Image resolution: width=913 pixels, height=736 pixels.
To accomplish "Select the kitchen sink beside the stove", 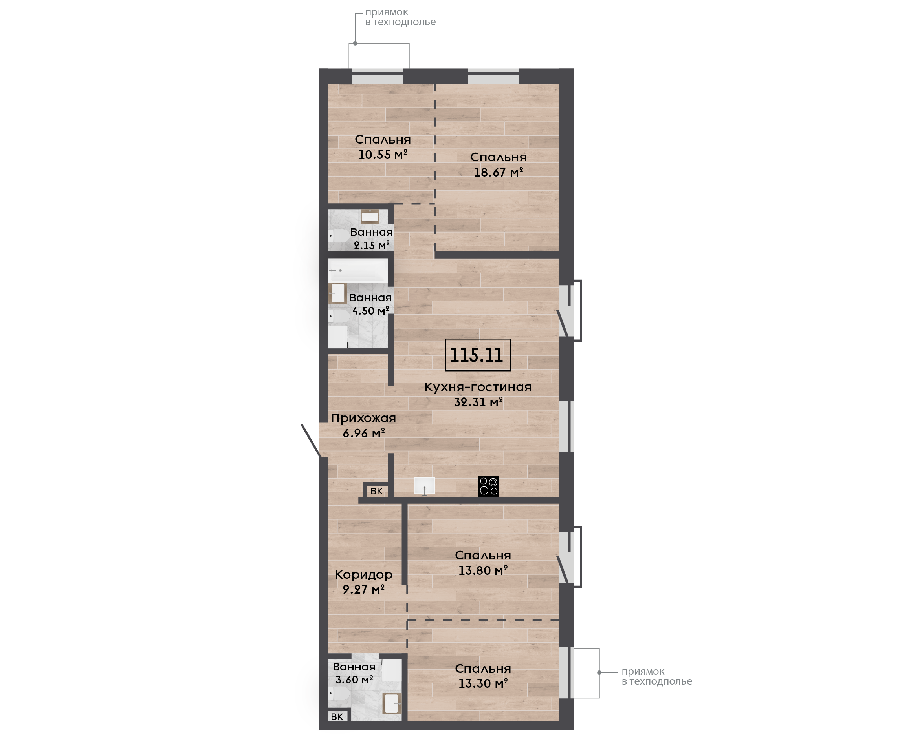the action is pyautogui.click(x=424, y=486).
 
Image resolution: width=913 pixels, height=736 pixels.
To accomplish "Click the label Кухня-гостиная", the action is pyautogui.click(x=478, y=387).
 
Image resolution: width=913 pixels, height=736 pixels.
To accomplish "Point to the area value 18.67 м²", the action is pyautogui.click(x=498, y=172).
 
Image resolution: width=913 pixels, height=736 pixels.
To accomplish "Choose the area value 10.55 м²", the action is pyautogui.click(x=382, y=154).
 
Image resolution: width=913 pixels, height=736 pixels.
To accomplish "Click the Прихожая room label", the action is pyautogui.click(x=363, y=419).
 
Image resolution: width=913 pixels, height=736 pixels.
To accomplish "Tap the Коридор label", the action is pyautogui.click(x=363, y=574).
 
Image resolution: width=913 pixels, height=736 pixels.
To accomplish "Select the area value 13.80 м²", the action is pyautogui.click(x=483, y=570).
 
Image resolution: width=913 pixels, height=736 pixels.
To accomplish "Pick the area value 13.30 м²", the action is pyautogui.click(x=483, y=683).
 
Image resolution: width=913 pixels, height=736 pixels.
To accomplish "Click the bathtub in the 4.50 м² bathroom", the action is pyautogui.click(x=358, y=270).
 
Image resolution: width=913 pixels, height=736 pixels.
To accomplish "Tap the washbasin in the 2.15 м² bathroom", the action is pyautogui.click(x=370, y=216).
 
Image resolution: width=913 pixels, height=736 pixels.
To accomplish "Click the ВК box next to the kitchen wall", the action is pyautogui.click(x=376, y=491).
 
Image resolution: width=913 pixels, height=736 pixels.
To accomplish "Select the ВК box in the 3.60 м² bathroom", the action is pyautogui.click(x=337, y=716).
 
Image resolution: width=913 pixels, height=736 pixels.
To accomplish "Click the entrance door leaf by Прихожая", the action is pyautogui.click(x=311, y=441).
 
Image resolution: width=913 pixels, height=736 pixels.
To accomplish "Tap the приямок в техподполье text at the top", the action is pyautogui.click(x=400, y=17).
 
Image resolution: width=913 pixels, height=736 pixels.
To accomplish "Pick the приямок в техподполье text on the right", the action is pyautogui.click(x=656, y=677).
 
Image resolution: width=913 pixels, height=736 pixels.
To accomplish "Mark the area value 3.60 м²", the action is pyautogui.click(x=354, y=680).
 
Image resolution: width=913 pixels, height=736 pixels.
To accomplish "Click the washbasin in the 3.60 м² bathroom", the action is pyautogui.click(x=392, y=704).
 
